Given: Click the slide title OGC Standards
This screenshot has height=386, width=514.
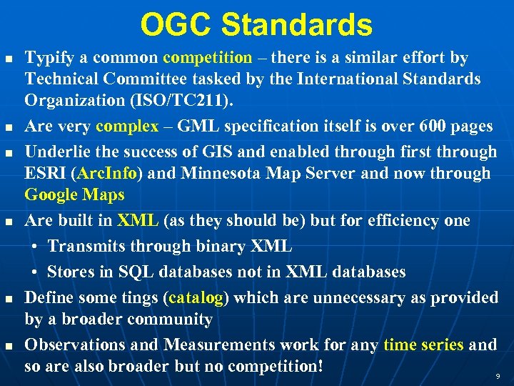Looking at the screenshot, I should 256,25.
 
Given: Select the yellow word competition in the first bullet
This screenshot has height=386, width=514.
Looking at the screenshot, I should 207,58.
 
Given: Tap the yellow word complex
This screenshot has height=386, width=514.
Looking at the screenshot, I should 127,127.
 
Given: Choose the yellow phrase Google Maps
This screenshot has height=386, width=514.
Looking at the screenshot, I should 74,194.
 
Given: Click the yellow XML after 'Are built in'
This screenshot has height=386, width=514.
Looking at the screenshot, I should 138,221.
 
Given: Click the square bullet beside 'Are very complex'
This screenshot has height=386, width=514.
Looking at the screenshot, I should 9,127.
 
